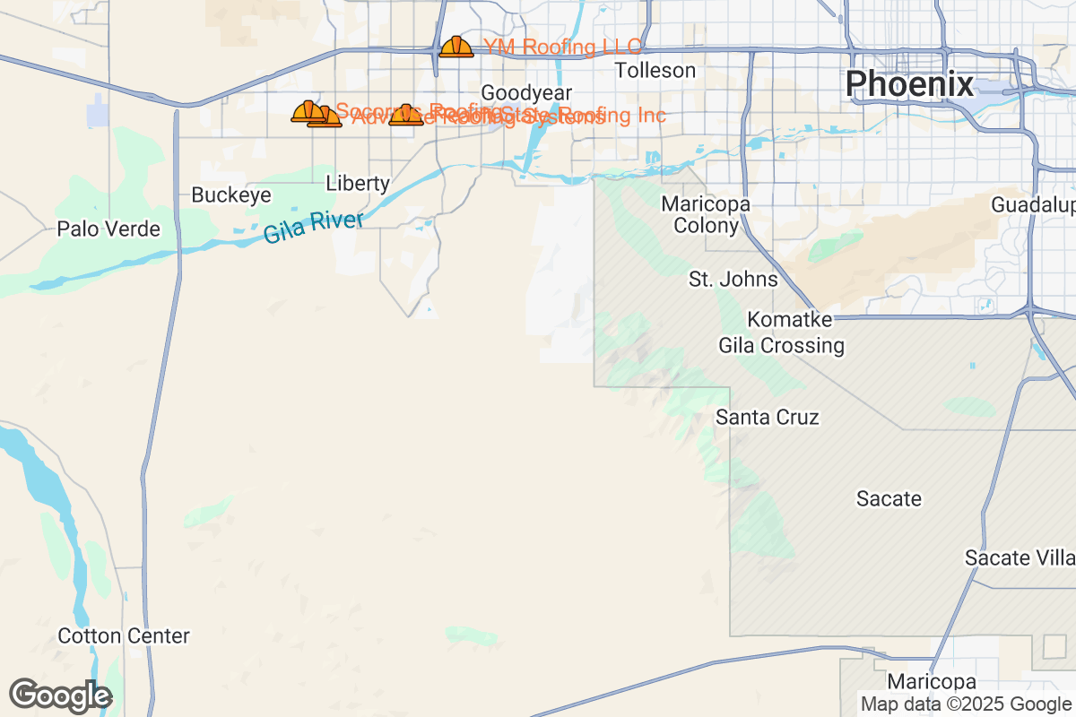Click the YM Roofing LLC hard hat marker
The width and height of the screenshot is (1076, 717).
pos(456,48)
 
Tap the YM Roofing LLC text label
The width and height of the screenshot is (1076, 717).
pos(562,47)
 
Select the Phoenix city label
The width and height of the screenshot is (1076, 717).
pos(909,83)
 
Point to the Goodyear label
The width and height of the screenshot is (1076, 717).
pos(526,93)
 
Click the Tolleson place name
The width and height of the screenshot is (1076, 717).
pos(655,70)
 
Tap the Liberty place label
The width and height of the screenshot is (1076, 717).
pos(358,184)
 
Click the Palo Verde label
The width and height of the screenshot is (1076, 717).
pos(108,229)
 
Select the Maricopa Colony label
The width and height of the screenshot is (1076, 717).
pos(706,215)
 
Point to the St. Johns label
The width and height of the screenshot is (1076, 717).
pos(733,279)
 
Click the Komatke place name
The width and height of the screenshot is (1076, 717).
pos(790,320)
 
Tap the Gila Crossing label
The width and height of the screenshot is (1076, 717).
pos(782,345)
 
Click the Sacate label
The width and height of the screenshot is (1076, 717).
pos(889,498)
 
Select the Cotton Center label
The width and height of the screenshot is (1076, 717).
pos(124,636)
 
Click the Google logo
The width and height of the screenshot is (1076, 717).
pos(60,695)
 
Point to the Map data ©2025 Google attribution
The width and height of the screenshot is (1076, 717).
pos(966,704)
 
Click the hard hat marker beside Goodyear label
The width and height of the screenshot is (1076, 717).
pos(406,115)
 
